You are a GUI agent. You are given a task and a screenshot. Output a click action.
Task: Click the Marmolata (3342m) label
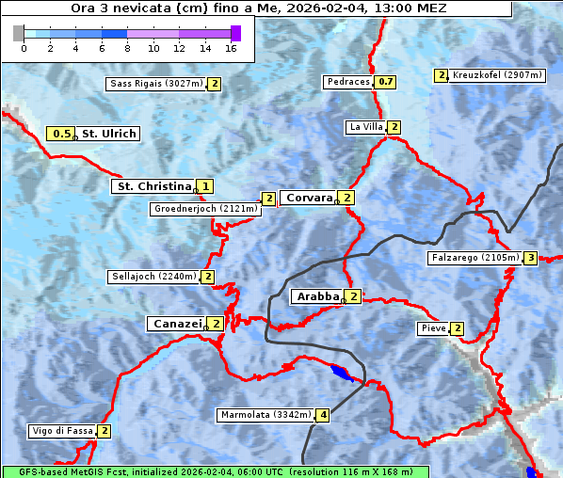coord(265,415)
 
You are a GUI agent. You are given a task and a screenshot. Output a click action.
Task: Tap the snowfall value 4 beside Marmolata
coord(323,415)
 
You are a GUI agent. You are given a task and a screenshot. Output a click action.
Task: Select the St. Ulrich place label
coord(108,134)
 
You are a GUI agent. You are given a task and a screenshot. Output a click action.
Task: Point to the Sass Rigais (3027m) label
coord(155,84)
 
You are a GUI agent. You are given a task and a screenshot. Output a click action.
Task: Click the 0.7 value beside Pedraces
coord(385,82)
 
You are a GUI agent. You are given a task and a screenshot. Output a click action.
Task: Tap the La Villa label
coord(365,127)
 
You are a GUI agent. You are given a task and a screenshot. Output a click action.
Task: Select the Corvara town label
coord(308,198)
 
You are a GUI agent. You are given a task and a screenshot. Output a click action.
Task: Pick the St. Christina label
coord(153,186)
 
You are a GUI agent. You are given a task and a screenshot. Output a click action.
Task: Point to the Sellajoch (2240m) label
coord(153,277)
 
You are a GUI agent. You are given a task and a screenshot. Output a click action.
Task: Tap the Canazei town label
coord(176,324)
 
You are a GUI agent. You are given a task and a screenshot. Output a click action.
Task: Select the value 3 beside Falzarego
coord(530,258)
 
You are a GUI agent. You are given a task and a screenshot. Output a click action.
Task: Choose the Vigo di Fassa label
coord(62,432)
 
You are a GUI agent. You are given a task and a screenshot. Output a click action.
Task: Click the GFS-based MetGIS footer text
coord(215,471)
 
